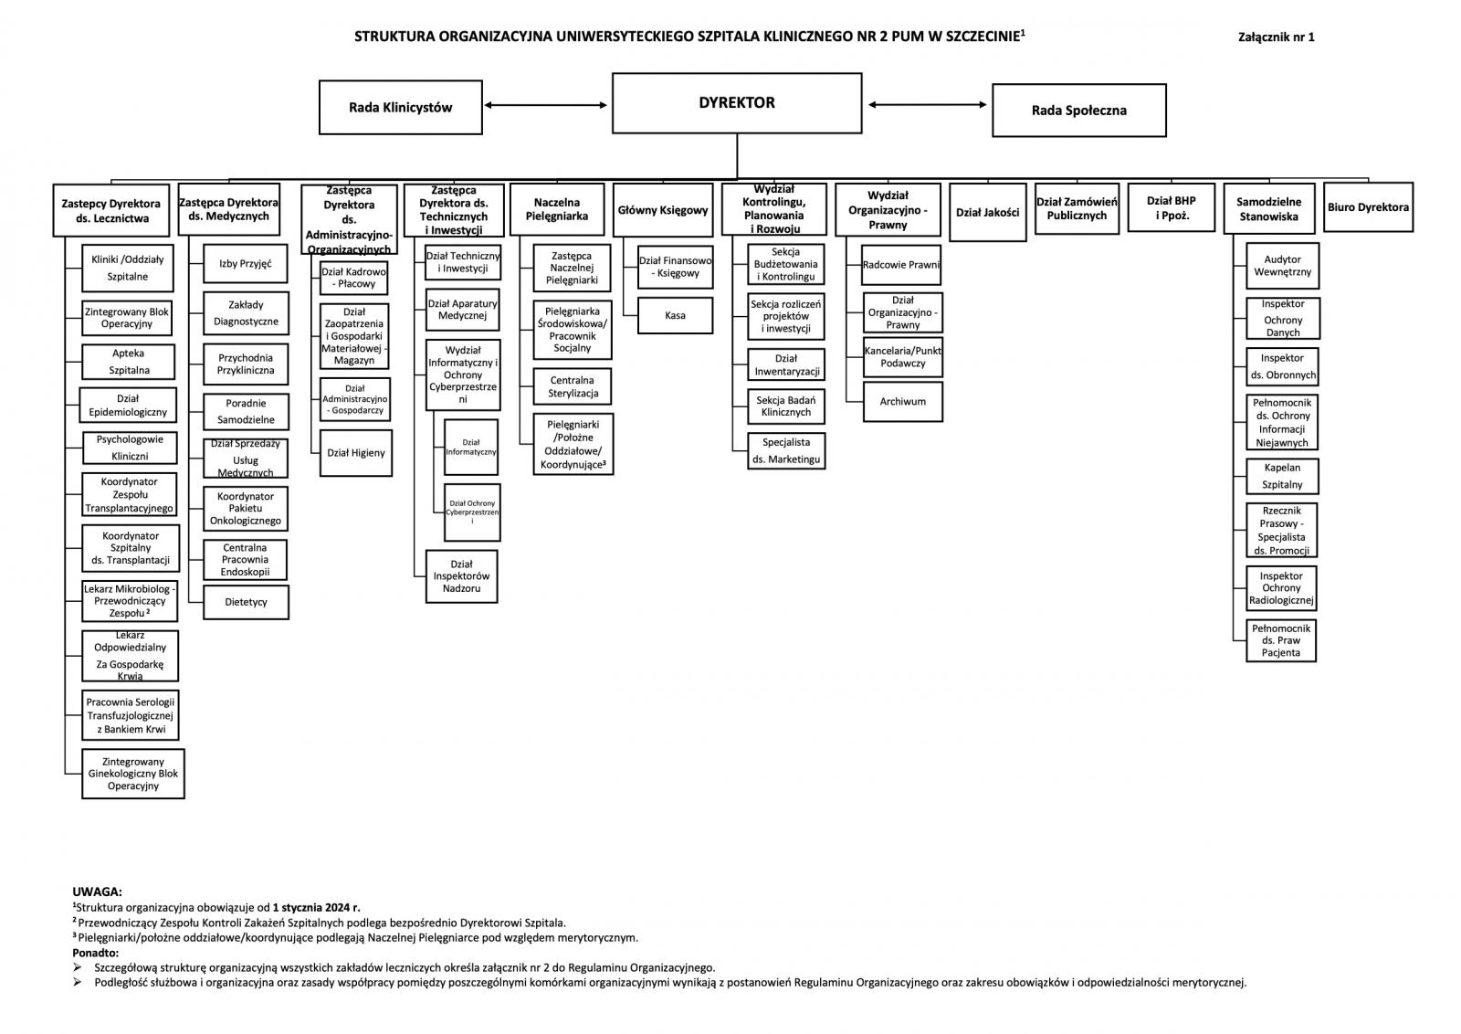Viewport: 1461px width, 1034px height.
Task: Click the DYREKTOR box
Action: click(x=736, y=103)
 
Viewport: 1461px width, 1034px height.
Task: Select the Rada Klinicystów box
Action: click(x=400, y=107)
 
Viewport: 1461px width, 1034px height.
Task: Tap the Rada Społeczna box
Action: click(x=1078, y=111)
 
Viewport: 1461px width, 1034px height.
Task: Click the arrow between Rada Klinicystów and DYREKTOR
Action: click(x=546, y=105)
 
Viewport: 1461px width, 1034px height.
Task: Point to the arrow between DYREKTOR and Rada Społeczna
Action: click(x=927, y=105)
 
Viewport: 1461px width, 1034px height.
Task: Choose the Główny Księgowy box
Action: click(x=662, y=210)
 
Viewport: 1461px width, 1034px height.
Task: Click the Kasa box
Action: click(x=675, y=316)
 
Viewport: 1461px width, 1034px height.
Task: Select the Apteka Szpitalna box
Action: click(x=129, y=362)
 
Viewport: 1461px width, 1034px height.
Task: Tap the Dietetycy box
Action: click(x=246, y=603)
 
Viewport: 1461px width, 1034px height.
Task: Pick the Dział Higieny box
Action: click(x=356, y=453)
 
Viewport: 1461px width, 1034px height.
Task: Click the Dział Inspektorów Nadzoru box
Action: click(x=462, y=576)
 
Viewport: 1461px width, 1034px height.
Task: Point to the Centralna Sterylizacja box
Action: click(x=572, y=386)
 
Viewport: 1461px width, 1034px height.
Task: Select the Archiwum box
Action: click(x=902, y=402)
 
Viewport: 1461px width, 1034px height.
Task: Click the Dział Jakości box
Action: click(x=987, y=213)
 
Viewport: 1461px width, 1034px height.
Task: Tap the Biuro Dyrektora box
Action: click(x=1368, y=207)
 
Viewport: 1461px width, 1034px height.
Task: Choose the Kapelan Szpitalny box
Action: click(x=1282, y=477)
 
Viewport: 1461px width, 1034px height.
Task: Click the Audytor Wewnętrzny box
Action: click(x=1282, y=266)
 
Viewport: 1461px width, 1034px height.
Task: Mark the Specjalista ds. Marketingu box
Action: click(x=785, y=451)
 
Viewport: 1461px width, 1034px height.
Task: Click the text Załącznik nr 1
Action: click(x=1276, y=37)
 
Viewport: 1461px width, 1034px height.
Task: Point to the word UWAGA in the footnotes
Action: click(x=97, y=892)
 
